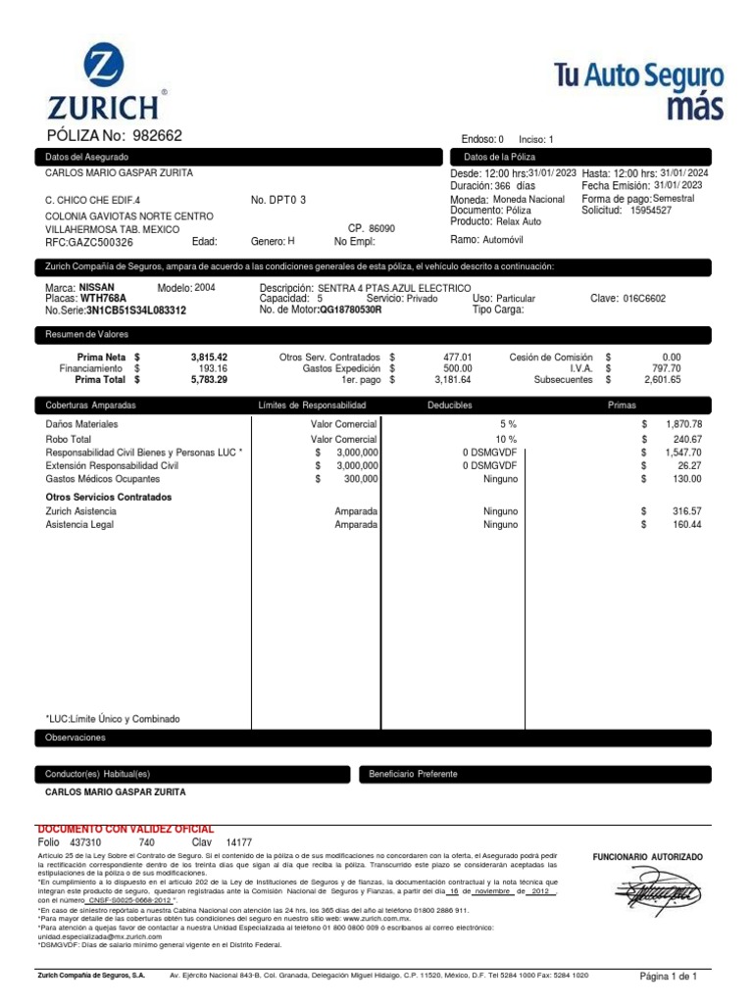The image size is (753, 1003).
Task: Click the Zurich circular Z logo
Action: pos(99,70)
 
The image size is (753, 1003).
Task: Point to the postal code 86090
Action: pos(381,228)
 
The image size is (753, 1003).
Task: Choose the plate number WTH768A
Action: pos(103,298)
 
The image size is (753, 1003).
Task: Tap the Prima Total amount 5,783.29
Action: pos(208,379)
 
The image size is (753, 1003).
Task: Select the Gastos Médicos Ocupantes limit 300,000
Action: pos(360,479)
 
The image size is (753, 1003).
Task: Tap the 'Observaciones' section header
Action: pos(75,738)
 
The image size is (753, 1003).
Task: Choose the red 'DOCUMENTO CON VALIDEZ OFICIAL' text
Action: pos(125,829)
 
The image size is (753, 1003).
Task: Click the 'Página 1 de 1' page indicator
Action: pos(668,977)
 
